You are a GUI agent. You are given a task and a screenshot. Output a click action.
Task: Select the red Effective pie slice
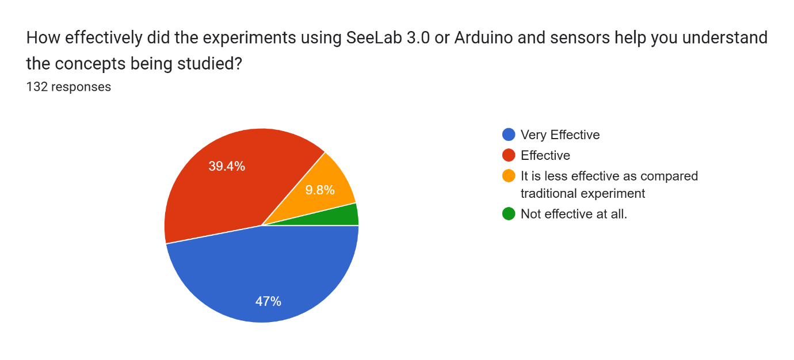coord(224,184)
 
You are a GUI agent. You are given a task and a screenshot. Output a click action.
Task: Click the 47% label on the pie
coord(268,301)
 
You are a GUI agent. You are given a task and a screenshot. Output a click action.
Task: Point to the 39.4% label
coord(227,166)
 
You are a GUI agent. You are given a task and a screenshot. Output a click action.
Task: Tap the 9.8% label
coord(320,190)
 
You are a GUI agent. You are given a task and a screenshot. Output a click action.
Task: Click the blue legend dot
coord(509,135)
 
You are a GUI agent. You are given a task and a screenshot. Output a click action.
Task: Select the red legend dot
coord(509,155)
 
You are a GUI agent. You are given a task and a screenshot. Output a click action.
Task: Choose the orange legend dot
coord(509,176)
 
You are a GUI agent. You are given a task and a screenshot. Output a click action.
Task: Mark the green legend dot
coord(509,214)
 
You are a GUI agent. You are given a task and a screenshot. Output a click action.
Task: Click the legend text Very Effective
coord(560,135)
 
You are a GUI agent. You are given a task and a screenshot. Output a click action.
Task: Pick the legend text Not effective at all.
coord(574,214)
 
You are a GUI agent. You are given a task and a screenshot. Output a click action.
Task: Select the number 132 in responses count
coord(37,87)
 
